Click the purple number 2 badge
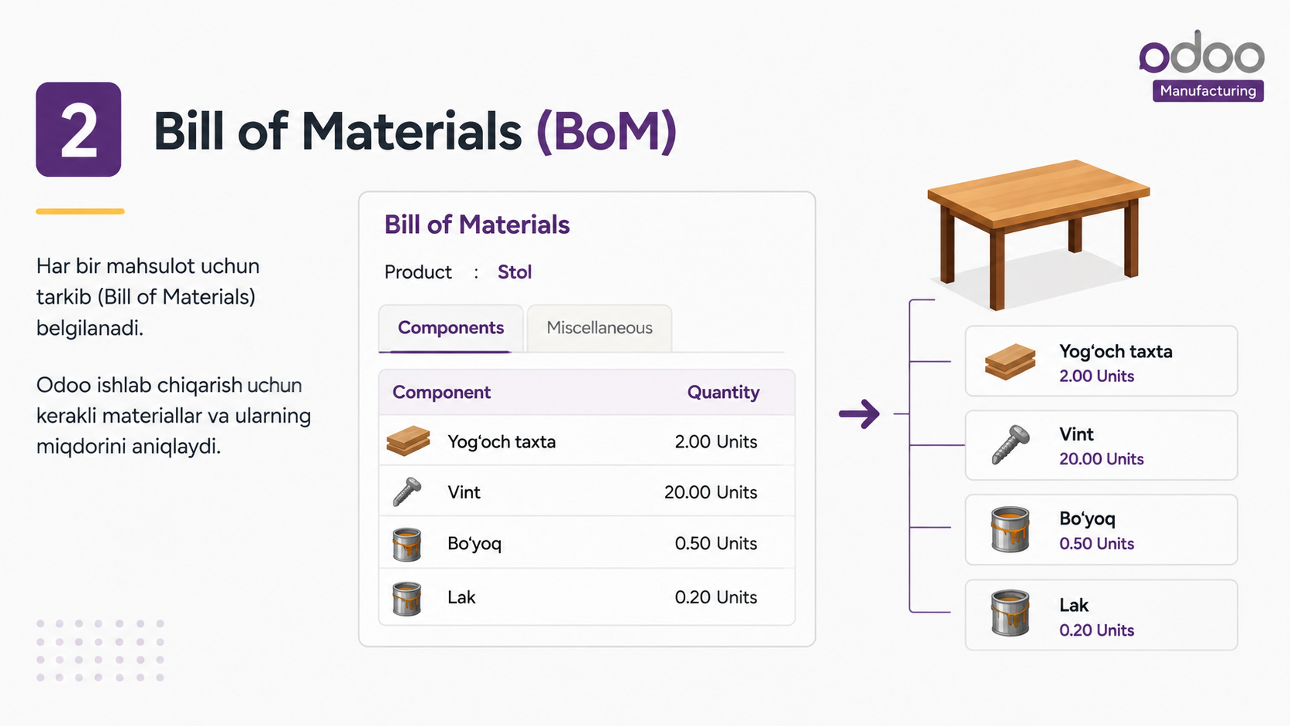[79, 129]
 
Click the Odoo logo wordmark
[1201, 52]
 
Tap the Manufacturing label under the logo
[1207, 91]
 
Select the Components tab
[451, 328]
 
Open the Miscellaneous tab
[599, 328]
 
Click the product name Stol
[515, 272]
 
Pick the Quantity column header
[724, 392]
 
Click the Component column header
[441, 392]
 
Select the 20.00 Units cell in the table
[711, 492]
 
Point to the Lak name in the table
[461, 597]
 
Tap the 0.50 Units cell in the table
[716, 543]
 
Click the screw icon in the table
[407, 491]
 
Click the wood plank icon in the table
[407, 441]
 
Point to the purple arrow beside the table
[859, 414]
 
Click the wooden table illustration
[1038, 234]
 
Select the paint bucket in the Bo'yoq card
[1009, 529]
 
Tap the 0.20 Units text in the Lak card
[1096, 630]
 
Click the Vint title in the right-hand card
[1076, 434]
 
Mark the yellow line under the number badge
[80, 211]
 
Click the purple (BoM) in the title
[606, 132]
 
